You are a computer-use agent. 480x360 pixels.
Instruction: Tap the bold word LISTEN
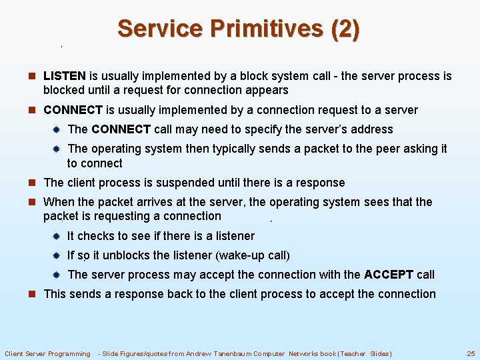click(65, 76)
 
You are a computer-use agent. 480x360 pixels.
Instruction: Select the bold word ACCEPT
click(389, 274)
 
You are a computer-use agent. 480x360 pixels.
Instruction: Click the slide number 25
click(470, 353)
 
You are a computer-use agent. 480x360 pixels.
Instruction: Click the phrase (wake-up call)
click(253, 255)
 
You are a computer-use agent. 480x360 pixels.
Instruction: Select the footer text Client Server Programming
click(47, 353)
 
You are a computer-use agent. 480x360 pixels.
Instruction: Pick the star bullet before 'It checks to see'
click(57, 236)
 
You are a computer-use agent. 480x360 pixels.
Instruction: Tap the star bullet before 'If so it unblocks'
click(57, 255)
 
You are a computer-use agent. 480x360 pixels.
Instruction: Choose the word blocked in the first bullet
click(64, 90)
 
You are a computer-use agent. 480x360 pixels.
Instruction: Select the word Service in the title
click(159, 29)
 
